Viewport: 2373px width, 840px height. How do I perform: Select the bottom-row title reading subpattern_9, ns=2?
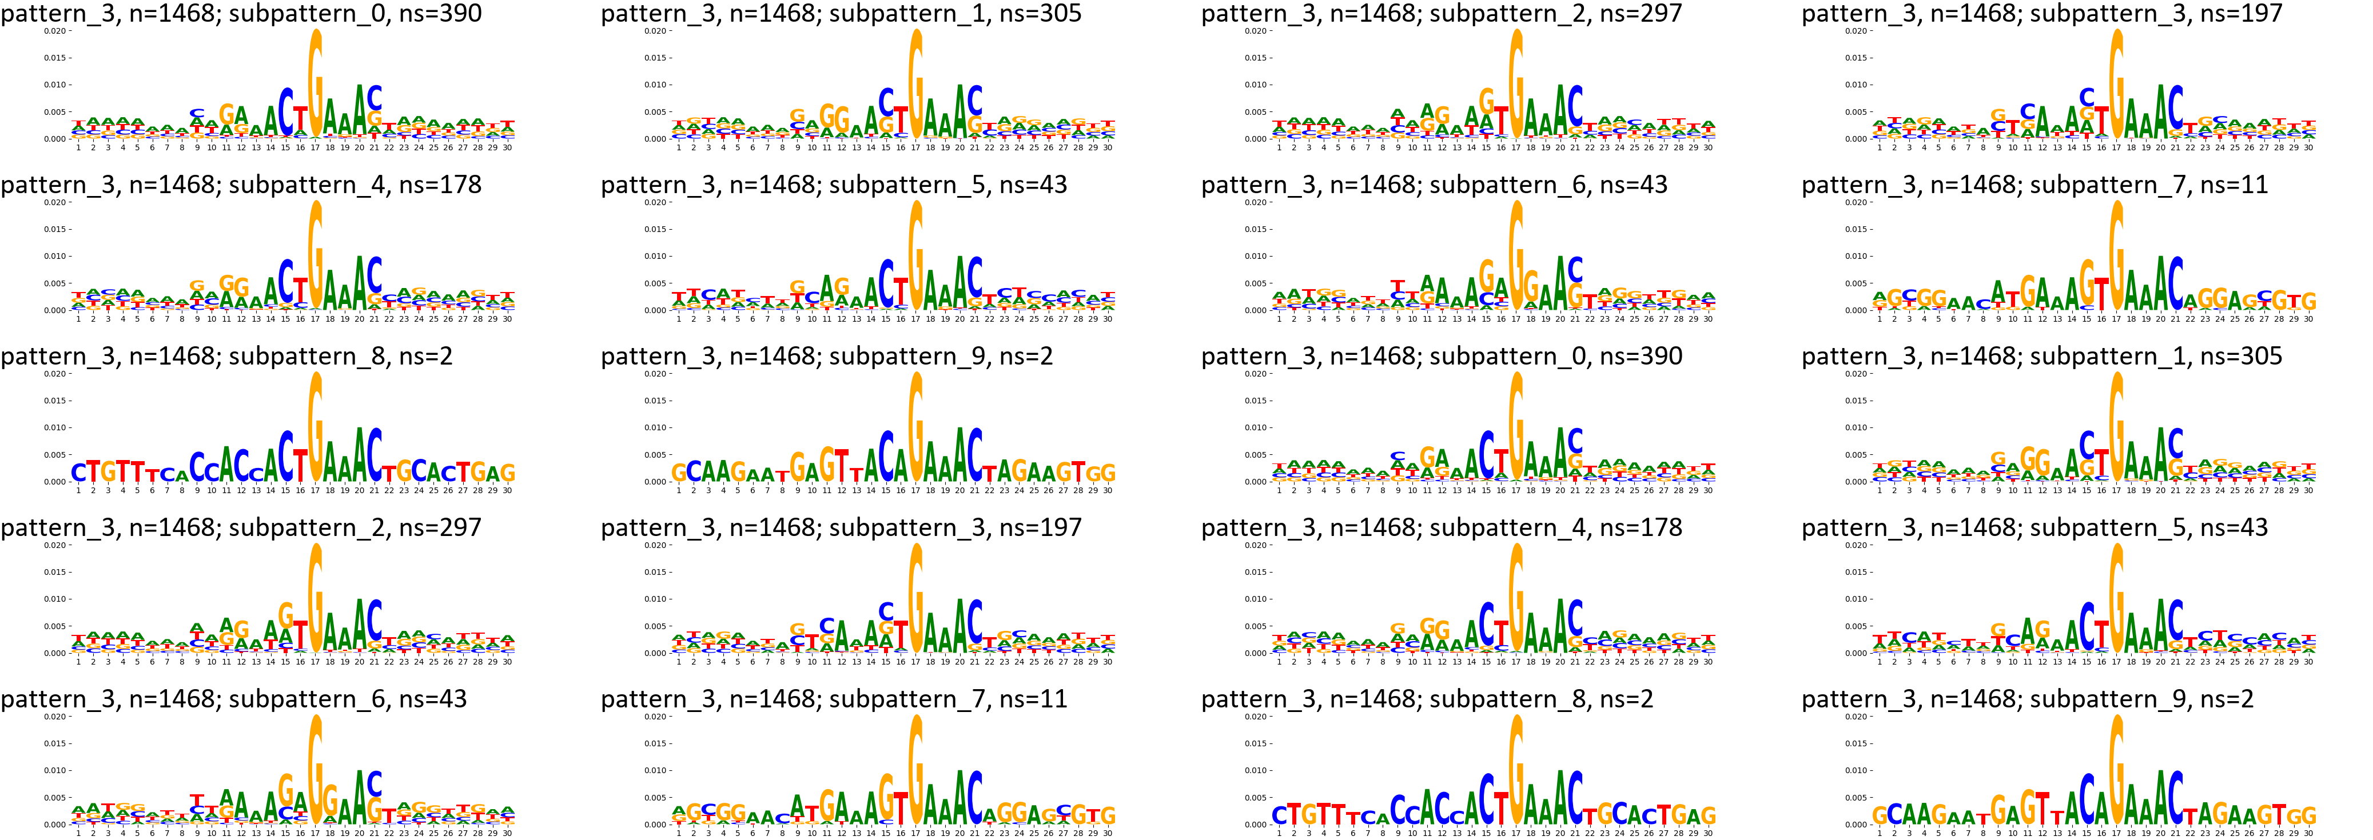[x=2028, y=699]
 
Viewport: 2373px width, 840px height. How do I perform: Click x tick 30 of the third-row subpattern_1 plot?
[x=2308, y=491]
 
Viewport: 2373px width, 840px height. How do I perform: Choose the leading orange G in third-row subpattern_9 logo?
[x=679, y=473]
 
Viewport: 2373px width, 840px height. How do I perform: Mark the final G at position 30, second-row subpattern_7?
[x=2308, y=301]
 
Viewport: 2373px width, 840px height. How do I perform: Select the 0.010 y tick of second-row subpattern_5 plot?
[x=656, y=256]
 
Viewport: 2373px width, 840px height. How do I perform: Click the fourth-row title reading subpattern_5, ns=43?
[x=2034, y=528]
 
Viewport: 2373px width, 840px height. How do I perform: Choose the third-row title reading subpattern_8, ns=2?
[x=226, y=357]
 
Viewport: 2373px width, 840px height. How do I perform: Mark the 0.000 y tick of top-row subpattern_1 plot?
[x=656, y=139]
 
